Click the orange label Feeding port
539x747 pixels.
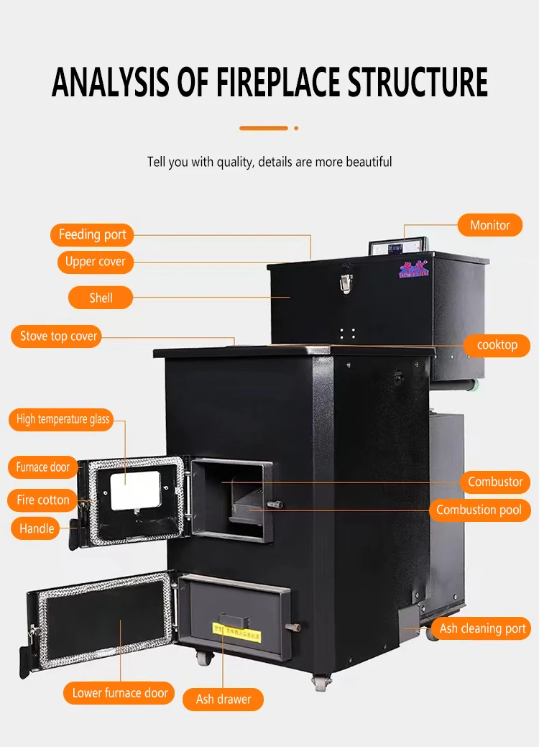click(x=92, y=234)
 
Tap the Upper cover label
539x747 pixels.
click(x=95, y=262)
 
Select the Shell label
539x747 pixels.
click(x=101, y=298)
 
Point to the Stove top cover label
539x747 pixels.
click(x=55, y=336)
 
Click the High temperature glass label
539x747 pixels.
click(x=61, y=420)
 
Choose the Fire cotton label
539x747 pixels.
click(x=43, y=500)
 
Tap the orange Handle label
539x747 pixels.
click(x=37, y=528)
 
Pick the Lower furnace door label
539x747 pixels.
click(x=120, y=693)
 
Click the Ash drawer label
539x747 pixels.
click(x=224, y=699)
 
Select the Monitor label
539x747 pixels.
click(x=489, y=225)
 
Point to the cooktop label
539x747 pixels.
click(x=497, y=345)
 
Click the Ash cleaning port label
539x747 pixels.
click(x=482, y=628)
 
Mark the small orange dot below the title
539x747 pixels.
click(x=296, y=129)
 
